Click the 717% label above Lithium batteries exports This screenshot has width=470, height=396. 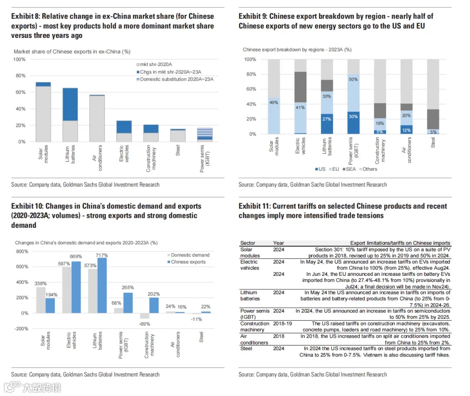pyautogui.click(x=101, y=255)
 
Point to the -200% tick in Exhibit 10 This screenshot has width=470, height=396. pyautogui.click(x=22, y=328)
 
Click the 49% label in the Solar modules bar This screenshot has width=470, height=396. pyautogui.click(x=274, y=102)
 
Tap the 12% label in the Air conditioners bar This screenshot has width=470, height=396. pyautogui.click(x=406, y=130)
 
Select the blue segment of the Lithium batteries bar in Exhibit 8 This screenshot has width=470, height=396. pyautogui.click(x=70, y=104)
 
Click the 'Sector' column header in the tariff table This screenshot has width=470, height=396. pyautogui.click(x=248, y=243)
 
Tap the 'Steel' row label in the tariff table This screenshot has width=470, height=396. pyautogui.click(x=247, y=349)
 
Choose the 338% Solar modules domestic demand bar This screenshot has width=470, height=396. pyautogui.click(x=40, y=300)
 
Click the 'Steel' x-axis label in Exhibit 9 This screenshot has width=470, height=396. pyautogui.click(x=433, y=143)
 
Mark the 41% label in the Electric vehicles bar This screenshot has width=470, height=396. pyautogui.click(x=300, y=107)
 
